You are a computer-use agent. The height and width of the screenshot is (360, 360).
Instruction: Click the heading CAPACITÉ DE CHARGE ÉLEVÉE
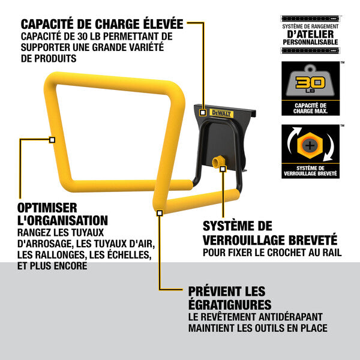(x=102, y=25)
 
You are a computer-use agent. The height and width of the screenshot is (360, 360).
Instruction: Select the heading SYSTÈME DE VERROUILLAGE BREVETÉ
(x=270, y=232)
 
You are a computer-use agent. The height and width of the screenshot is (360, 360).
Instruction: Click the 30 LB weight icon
(x=310, y=83)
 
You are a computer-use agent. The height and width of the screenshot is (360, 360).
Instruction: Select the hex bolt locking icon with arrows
(x=310, y=145)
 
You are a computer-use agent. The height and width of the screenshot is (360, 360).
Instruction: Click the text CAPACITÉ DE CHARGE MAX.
(x=310, y=108)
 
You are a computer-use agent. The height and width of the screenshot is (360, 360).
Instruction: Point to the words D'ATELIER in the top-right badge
(x=310, y=35)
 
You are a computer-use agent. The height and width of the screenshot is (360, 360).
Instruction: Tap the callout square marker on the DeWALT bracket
(x=204, y=112)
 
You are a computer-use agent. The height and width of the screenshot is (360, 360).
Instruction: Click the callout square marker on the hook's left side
(x=52, y=140)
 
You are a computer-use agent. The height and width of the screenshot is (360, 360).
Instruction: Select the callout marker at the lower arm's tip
(x=160, y=212)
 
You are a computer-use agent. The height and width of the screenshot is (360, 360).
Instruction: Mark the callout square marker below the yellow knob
(x=223, y=170)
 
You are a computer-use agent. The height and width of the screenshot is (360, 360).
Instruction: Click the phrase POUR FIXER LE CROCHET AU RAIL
(x=272, y=253)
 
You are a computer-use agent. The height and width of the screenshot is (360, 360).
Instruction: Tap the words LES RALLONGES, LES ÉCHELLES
(x=84, y=254)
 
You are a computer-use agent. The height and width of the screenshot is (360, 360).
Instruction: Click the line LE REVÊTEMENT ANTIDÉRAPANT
(x=256, y=316)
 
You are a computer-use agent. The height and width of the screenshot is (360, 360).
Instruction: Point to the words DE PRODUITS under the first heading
(x=49, y=59)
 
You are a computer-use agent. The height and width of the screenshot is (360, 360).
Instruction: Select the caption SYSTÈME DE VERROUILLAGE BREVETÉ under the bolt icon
(x=310, y=171)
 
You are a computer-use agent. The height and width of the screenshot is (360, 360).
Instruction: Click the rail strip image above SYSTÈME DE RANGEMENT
(x=310, y=19)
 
